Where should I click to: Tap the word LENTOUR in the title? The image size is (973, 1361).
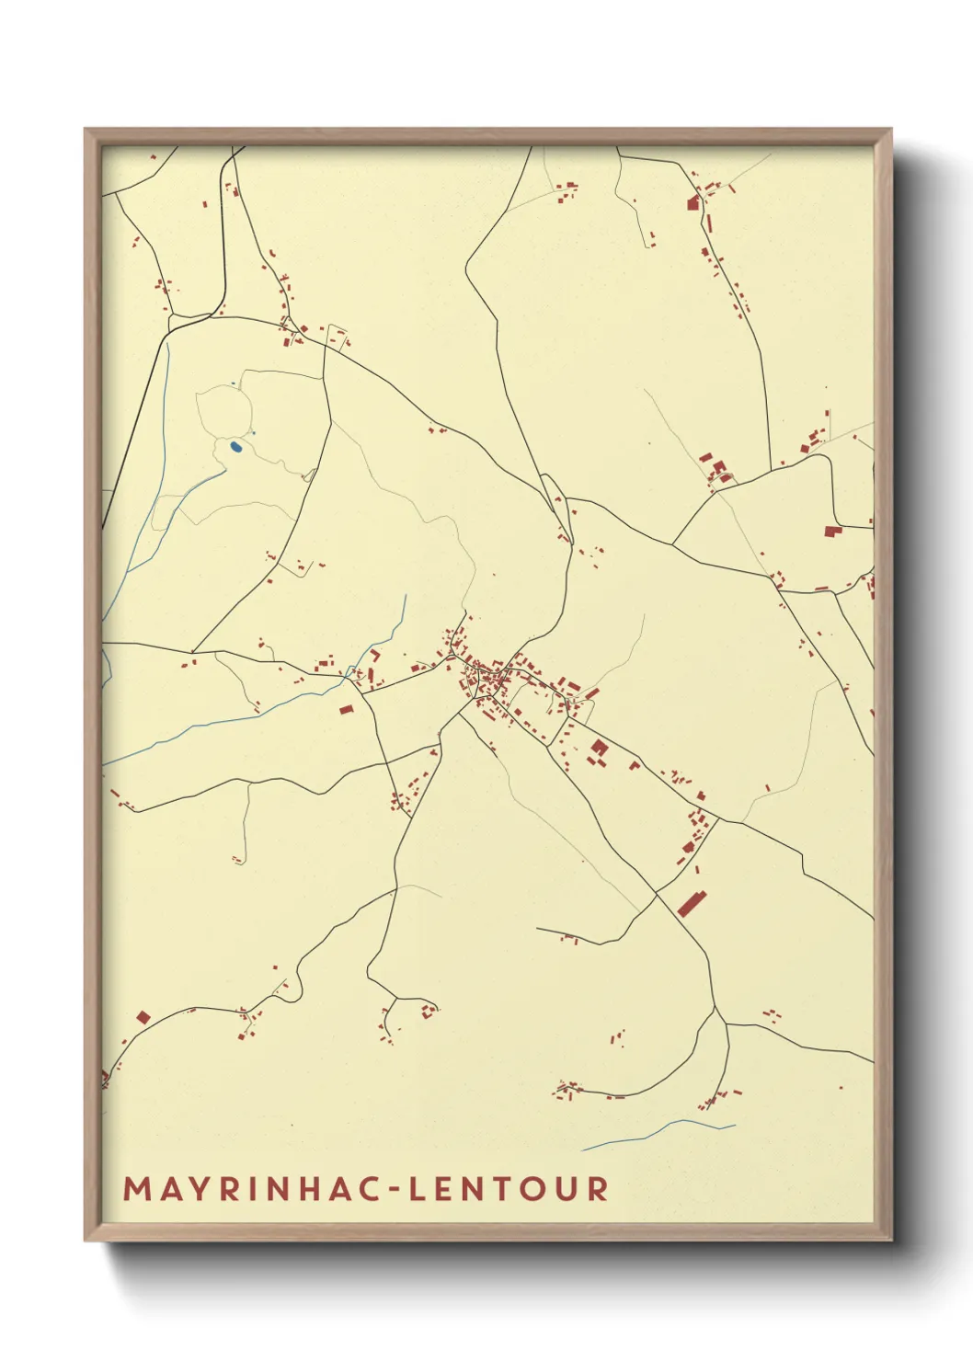pyautogui.click(x=509, y=1188)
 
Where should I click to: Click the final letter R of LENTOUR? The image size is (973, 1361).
pyautogui.click(x=599, y=1188)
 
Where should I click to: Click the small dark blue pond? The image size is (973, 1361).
pyautogui.click(x=236, y=447)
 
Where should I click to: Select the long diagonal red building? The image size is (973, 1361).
pyautogui.click(x=691, y=902)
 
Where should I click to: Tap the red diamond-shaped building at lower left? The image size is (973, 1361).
pyautogui.click(x=143, y=1017)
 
